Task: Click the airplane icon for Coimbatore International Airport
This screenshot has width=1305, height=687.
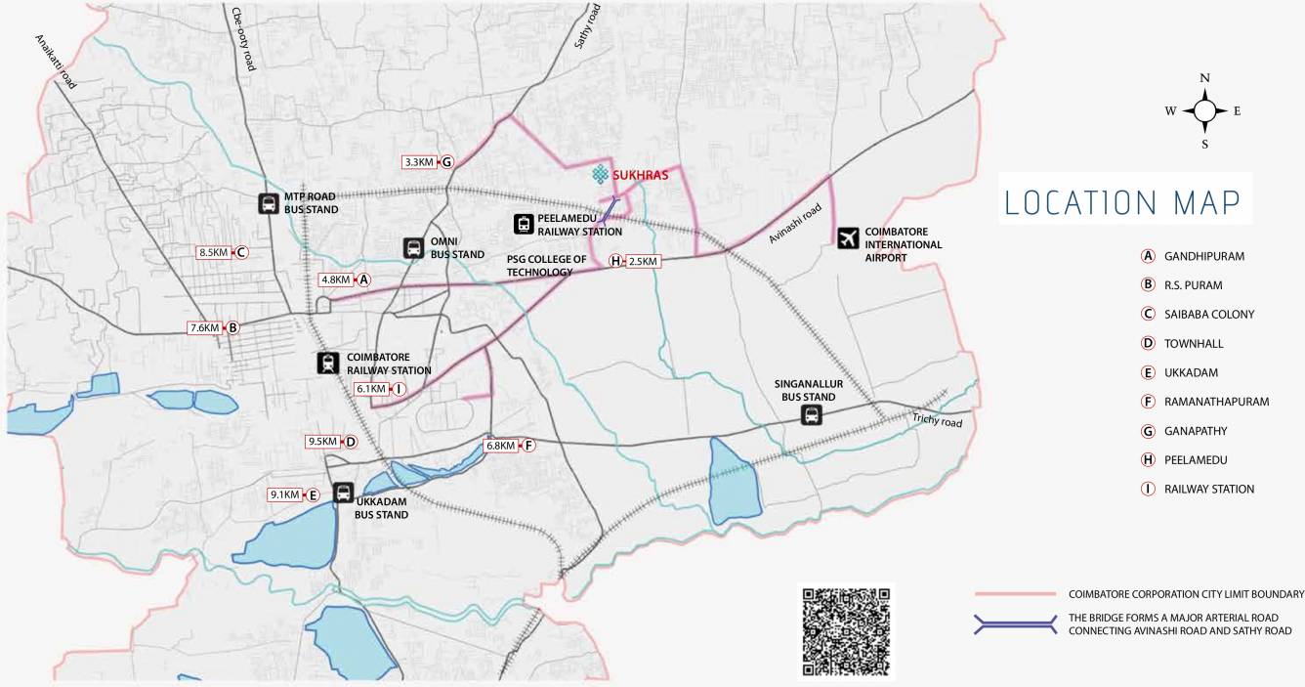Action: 848,237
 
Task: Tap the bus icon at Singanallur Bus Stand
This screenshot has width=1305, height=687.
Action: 811,416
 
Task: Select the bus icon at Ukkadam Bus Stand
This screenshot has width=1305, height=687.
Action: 343,493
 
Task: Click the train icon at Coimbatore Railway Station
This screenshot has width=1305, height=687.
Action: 327,364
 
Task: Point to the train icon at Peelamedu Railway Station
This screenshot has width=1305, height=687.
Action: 525,225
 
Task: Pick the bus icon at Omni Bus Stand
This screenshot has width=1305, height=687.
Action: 413,248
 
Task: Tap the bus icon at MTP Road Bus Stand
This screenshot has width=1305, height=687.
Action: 268,203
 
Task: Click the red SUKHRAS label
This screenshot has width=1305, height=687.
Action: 640,176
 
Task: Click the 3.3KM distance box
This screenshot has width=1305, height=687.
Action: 419,162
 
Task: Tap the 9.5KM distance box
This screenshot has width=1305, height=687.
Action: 322,442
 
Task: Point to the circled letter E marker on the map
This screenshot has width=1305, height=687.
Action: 314,495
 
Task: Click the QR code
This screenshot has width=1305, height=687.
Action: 846,631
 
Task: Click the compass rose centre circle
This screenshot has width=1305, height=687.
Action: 1205,111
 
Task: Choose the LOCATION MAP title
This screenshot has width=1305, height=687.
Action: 1123,202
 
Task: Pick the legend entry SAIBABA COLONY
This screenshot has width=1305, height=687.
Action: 1208,315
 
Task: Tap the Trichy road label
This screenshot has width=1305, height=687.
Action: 938,421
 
